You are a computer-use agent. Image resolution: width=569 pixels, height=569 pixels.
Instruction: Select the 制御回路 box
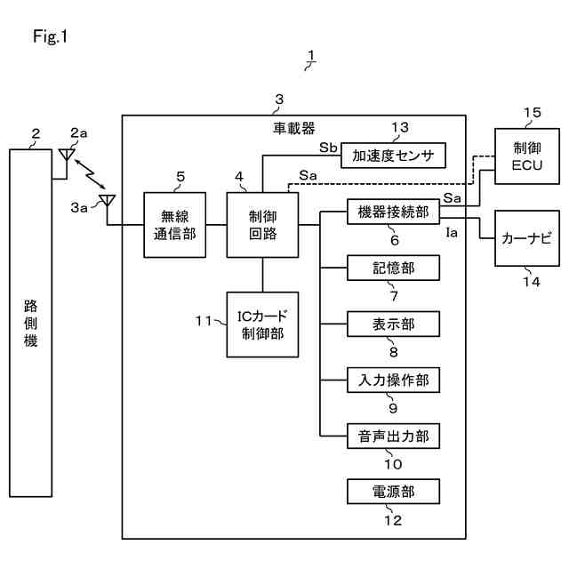pos(262,226)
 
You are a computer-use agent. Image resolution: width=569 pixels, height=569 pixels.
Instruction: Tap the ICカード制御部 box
pos(262,325)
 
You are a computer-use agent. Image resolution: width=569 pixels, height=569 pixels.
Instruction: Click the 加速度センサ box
pos(393,156)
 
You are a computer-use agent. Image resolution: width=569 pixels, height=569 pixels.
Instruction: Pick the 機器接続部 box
pos(393,213)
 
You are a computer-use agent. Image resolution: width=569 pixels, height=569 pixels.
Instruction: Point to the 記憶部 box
pos(393,268)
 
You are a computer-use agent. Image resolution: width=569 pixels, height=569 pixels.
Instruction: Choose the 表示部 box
pos(393,325)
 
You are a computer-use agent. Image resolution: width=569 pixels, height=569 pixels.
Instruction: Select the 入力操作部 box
pos(393,381)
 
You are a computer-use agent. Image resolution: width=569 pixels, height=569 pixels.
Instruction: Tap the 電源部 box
pos(393,492)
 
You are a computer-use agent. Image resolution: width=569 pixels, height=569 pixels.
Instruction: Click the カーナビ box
pos(527,238)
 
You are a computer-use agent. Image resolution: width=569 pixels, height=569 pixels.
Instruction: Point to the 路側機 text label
pos(30,325)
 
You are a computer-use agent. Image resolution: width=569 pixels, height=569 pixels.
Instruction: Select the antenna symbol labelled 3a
pos(107,202)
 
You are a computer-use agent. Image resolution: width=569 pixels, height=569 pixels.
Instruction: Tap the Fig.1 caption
pos(50,37)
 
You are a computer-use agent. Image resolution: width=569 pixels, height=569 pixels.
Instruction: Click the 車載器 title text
pos(293,128)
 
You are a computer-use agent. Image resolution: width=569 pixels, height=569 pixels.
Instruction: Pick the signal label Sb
pos(327,148)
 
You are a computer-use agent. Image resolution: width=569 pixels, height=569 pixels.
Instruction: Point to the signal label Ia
pos(452,232)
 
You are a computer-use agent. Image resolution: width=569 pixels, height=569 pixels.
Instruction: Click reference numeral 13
pos(400,128)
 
